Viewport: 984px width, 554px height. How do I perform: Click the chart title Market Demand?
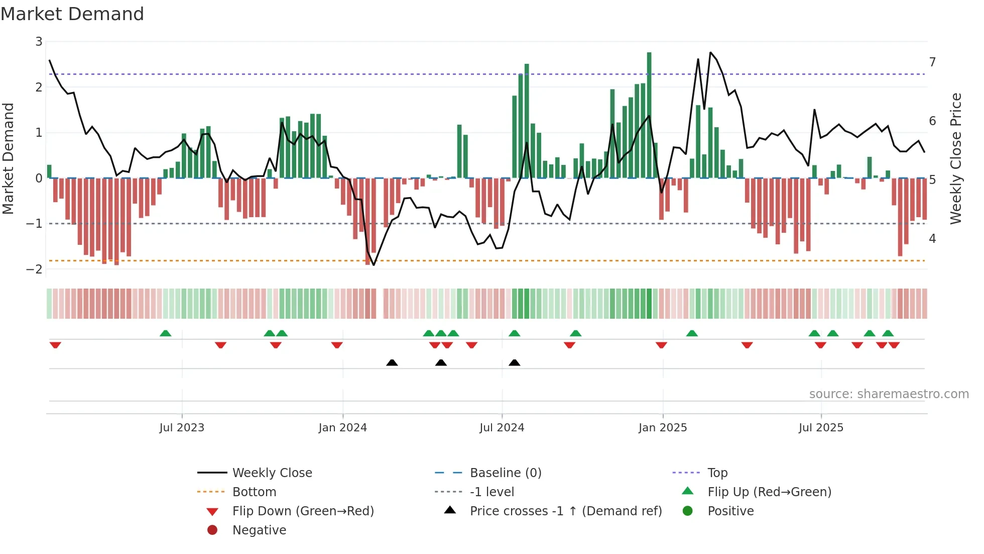(x=72, y=14)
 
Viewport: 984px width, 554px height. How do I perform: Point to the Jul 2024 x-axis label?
(x=502, y=428)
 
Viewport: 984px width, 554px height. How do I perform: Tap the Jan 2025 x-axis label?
(x=662, y=428)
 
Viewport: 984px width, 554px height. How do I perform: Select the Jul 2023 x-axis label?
(x=182, y=428)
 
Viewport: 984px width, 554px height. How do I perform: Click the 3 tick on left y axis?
(x=39, y=42)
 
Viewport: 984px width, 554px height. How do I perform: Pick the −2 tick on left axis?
(x=35, y=269)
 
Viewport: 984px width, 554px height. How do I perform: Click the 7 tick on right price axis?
(x=932, y=62)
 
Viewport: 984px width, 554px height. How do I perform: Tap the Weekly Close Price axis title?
(x=956, y=158)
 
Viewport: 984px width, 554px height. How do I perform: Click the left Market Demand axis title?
(x=9, y=158)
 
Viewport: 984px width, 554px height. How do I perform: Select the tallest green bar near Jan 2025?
(x=649, y=116)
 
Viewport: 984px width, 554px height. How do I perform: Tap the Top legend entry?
(x=717, y=473)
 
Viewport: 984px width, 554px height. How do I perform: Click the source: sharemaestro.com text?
(x=889, y=394)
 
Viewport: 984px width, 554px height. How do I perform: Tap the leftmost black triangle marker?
(x=392, y=362)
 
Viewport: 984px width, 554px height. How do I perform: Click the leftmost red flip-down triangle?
(x=55, y=345)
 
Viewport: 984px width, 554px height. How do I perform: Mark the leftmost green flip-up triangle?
(x=165, y=333)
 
